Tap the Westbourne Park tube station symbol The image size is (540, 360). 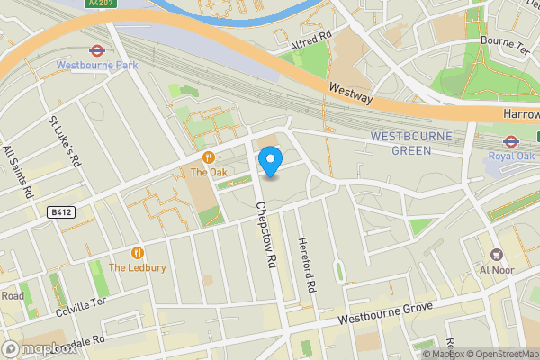click(95, 51)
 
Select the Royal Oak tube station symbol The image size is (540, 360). click(509, 140)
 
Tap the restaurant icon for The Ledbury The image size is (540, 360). click(138, 253)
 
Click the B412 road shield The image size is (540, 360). click(59, 211)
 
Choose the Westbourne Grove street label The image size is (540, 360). click(385, 314)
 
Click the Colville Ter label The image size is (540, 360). click(80, 305)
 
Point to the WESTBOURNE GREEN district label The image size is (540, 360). click(411, 143)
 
